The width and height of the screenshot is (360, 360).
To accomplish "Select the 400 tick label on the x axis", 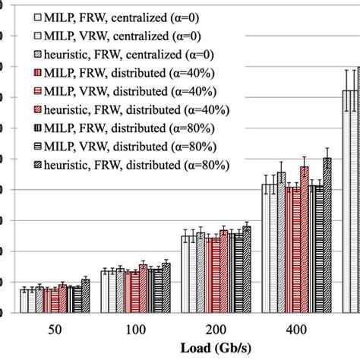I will [x=297, y=332].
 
